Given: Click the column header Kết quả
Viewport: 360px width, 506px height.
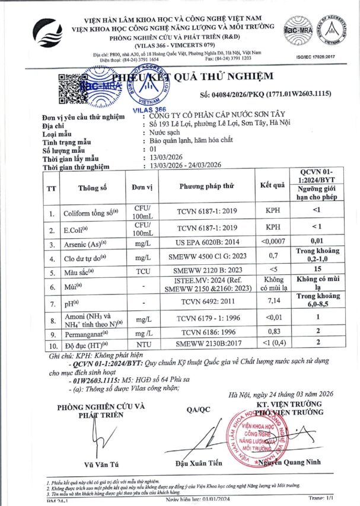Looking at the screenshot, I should (273, 185).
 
